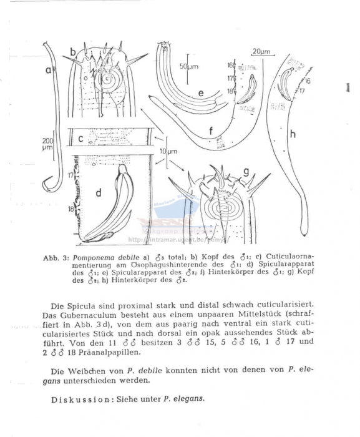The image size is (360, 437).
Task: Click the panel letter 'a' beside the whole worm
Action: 48,71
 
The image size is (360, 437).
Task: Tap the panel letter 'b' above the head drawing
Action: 72,51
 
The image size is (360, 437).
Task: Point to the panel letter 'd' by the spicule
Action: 98,193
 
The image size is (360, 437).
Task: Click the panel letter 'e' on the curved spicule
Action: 200,93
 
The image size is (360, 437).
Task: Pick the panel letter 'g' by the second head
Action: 245,171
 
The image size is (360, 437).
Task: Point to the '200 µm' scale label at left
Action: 48,145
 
